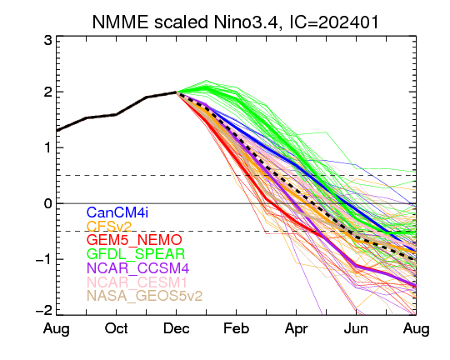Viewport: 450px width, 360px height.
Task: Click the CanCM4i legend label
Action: click(117, 212)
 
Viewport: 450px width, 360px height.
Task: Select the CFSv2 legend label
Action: click(109, 226)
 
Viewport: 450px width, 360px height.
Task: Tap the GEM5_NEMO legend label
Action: click(134, 240)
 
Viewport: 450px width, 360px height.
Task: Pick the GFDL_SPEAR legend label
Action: click(136, 254)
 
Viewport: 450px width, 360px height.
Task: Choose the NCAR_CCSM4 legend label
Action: click(137, 267)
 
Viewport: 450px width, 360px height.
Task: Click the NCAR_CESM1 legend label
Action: click(137, 282)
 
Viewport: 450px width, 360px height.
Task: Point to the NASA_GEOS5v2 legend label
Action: click(145, 296)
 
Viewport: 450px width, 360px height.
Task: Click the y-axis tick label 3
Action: click(48, 41)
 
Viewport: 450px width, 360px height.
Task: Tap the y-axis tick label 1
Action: click(48, 147)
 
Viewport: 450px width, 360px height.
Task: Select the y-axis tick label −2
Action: click(44, 311)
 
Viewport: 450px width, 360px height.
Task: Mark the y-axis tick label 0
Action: click(48, 203)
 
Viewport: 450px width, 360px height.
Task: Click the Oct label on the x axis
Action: click(116, 328)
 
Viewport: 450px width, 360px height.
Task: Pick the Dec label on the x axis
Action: click(177, 328)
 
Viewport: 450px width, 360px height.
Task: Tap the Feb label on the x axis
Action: click(236, 328)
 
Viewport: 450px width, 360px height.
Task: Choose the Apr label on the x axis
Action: click(296, 329)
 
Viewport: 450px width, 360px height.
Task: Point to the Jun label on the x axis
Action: click(356, 328)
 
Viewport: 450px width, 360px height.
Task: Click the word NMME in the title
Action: click(121, 22)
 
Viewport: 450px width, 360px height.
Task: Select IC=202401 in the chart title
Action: click(334, 22)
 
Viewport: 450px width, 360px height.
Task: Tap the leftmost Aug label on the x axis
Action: click(57, 329)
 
